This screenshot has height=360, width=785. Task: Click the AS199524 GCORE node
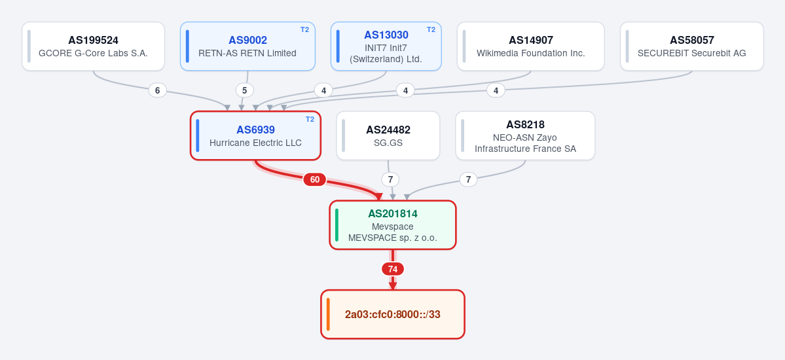[x=93, y=46]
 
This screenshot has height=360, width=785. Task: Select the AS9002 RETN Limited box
[x=248, y=46]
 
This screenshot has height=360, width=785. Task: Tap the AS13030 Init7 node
[x=386, y=46]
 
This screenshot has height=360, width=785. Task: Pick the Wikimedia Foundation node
[x=531, y=46]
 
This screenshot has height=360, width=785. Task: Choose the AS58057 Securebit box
[x=692, y=46]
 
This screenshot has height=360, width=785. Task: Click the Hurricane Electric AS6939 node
[x=255, y=135]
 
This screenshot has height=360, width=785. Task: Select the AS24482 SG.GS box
[x=388, y=135]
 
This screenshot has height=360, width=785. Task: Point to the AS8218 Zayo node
[x=525, y=135]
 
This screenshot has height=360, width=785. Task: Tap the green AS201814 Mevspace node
[x=393, y=225]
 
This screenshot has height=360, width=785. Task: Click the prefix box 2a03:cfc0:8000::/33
[x=393, y=314]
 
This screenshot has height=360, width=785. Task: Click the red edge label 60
[x=315, y=179]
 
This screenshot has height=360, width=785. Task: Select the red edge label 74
[x=393, y=269]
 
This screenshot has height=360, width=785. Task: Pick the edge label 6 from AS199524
[x=158, y=90]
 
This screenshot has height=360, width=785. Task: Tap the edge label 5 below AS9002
[x=245, y=90]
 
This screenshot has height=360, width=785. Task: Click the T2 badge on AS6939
[x=310, y=119]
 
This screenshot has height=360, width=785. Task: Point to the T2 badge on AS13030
[x=431, y=29]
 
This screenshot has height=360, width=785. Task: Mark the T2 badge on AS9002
[x=305, y=29]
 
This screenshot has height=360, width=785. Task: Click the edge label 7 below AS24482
[x=390, y=179]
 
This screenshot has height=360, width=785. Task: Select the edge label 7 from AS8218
[x=468, y=179]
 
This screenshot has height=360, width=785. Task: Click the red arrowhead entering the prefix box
[x=393, y=286]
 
